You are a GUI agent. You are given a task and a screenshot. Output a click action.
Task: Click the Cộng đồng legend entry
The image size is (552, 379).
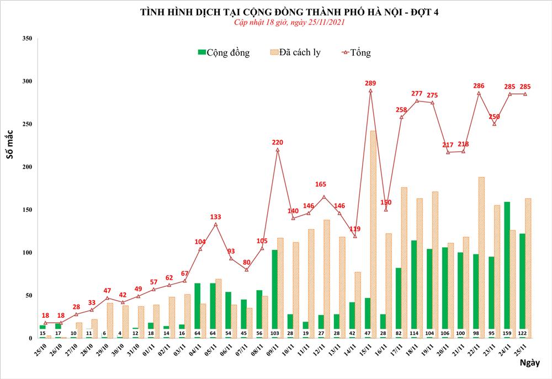point(223,53)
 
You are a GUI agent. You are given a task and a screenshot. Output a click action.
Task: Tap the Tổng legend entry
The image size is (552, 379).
point(356,53)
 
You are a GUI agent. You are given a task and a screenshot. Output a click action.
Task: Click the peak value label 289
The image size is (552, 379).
point(370,83)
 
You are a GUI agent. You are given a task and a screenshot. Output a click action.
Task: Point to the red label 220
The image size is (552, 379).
point(277,142)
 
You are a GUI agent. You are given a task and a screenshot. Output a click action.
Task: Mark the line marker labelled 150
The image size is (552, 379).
point(386,210)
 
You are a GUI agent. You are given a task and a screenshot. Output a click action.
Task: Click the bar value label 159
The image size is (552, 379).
point(507,333)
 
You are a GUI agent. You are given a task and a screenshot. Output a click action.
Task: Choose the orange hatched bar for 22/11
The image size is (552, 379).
point(481,257)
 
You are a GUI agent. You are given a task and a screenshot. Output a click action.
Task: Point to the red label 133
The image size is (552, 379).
point(215,217)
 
